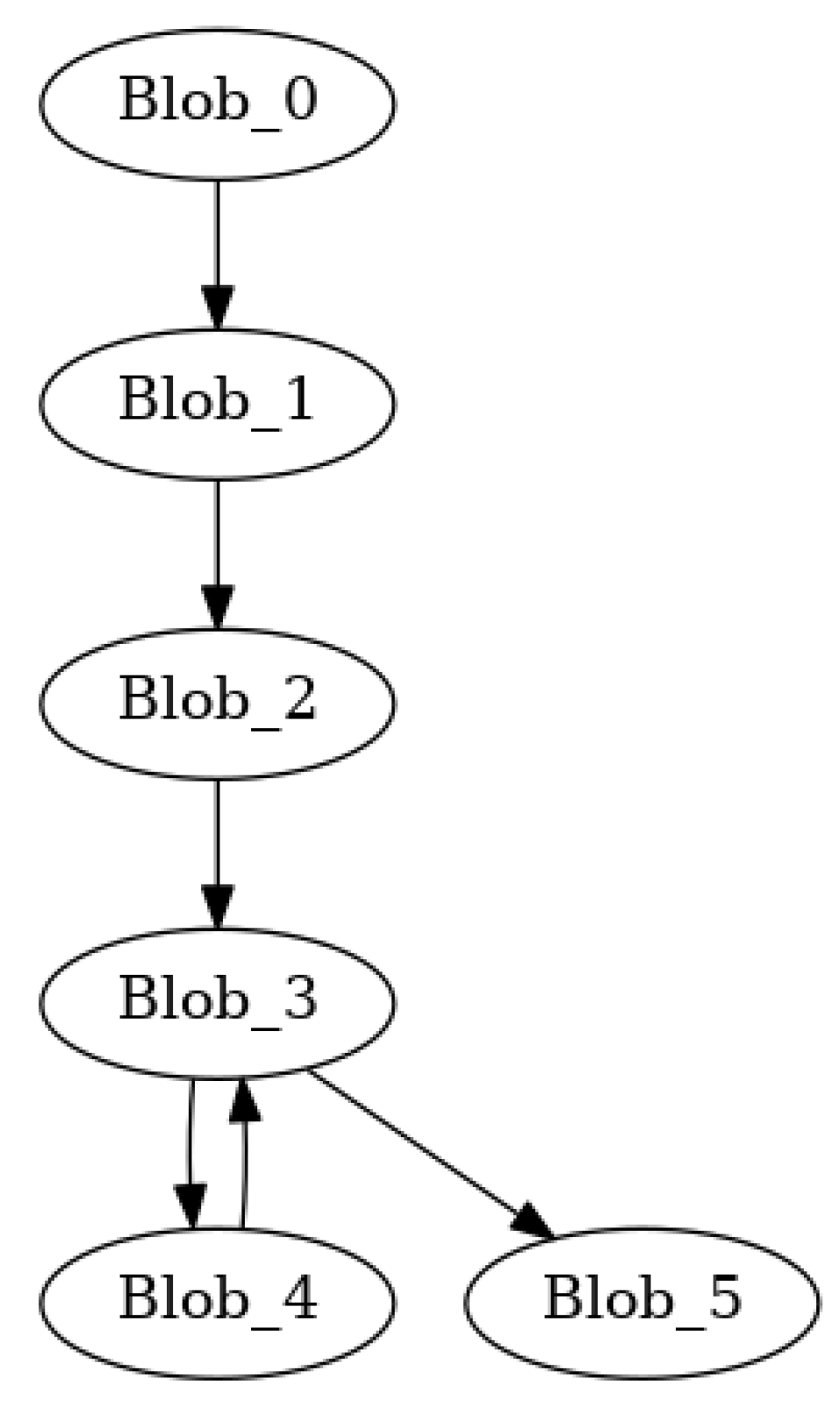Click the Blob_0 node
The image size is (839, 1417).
(217, 104)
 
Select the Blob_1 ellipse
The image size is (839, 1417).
(217, 403)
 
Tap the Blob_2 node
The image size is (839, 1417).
(217, 702)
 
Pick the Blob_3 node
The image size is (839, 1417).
(217, 1001)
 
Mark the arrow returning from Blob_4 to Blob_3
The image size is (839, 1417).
(244, 1167)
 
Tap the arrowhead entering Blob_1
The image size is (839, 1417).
(217, 307)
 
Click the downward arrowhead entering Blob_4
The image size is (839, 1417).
(190, 1206)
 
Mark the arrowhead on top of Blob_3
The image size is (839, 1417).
(217, 906)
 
